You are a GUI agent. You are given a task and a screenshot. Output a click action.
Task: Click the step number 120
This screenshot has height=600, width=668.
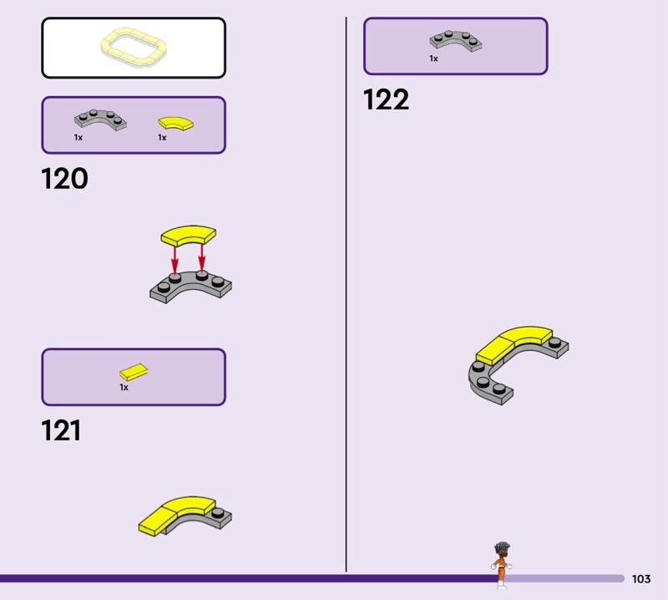coord(64,179)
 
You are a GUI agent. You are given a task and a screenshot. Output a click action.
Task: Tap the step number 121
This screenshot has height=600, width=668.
coord(61,430)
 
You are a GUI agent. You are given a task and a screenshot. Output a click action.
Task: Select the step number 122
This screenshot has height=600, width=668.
coord(386,100)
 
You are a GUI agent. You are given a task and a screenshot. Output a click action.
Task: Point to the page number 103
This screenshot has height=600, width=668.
coord(641,579)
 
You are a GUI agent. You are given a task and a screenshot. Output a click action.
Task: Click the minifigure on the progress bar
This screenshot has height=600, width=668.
coord(501,564)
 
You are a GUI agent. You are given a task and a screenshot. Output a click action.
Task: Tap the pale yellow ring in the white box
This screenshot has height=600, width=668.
coord(133,48)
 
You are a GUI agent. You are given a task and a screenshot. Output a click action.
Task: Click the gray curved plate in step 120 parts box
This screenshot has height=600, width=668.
coord(99,120)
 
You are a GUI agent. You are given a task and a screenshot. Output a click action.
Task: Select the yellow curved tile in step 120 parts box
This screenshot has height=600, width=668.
coord(175,123)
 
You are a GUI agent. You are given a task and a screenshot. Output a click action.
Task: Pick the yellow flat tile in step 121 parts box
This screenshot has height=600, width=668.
coord(134,372)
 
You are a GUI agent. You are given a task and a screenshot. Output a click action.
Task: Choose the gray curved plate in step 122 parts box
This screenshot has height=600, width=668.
coord(456,41)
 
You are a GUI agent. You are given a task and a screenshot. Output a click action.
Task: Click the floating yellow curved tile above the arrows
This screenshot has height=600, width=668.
coord(188,234)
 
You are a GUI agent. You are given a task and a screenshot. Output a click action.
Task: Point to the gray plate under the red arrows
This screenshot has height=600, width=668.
coord(190,287)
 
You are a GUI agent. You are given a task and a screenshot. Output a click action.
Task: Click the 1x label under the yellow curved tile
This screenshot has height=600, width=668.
coord(162,137)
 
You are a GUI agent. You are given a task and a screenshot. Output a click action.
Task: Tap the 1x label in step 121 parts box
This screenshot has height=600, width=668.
coord(124,388)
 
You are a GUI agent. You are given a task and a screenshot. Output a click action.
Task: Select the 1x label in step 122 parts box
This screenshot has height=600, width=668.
coord(433,58)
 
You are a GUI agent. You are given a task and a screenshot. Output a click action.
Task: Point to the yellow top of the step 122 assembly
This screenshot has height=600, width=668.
coord(514,342)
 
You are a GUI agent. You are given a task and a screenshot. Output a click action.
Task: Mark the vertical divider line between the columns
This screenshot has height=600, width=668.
coord(346,292)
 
